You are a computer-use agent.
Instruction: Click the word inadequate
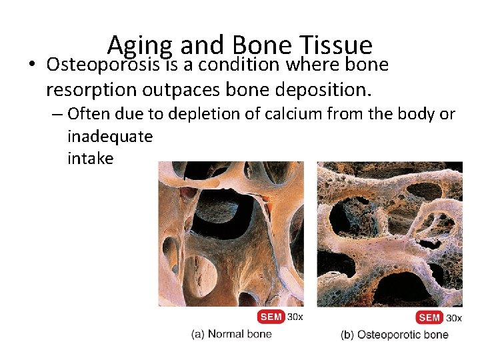coord(110,136)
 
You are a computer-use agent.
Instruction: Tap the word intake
coord(91,159)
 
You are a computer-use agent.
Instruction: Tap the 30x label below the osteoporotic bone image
coord(453,317)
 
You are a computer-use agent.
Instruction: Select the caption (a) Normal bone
coord(231,333)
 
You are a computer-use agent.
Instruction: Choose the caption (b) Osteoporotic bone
coord(395,334)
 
